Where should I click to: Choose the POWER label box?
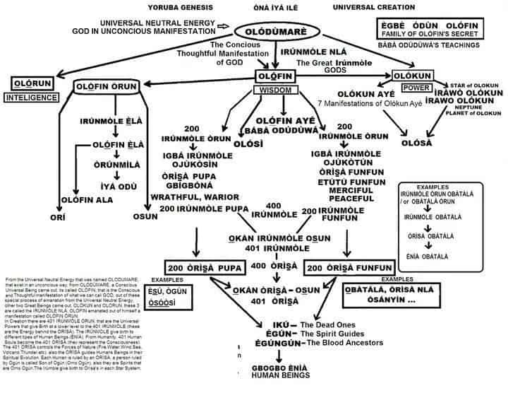397,88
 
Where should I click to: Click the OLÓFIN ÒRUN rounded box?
106,86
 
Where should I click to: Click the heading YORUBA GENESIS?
177,7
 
